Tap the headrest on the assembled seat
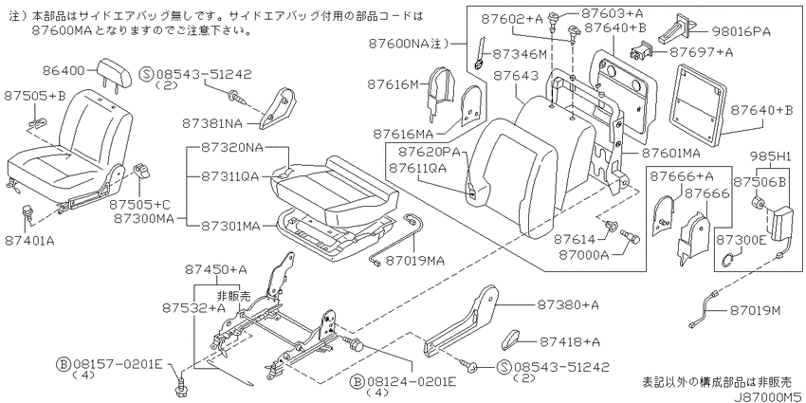click(x=112, y=69)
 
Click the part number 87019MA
click(x=414, y=261)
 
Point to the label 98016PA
click(x=742, y=32)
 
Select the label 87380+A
click(x=568, y=304)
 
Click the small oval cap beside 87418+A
click(x=511, y=339)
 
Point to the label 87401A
click(x=29, y=240)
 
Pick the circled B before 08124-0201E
click(x=356, y=381)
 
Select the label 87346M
click(x=519, y=53)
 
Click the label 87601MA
click(x=669, y=153)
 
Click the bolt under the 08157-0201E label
click(x=180, y=387)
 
